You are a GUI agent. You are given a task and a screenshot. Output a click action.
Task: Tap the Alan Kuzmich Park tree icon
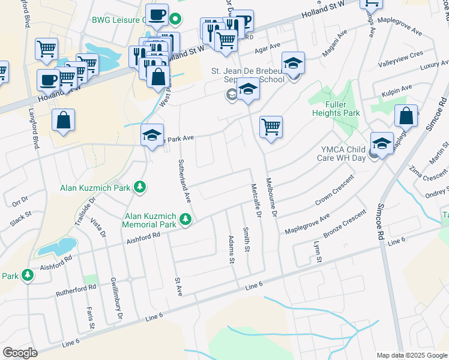(140, 188)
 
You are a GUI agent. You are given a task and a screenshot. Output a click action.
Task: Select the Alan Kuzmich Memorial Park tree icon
(185, 221)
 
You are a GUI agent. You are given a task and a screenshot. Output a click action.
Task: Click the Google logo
(20, 353)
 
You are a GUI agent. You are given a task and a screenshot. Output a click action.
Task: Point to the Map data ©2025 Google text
(411, 355)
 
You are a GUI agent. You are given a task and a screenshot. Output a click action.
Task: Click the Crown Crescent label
(334, 194)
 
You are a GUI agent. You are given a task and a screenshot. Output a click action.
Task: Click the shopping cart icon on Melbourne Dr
(271, 127)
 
